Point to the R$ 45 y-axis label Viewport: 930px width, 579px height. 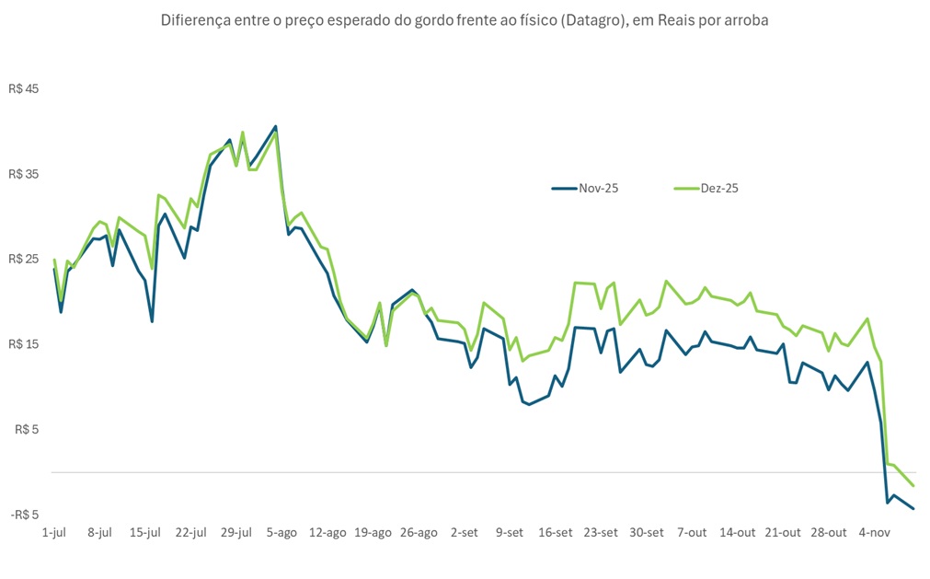(26, 89)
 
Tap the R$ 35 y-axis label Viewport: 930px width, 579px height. (26, 174)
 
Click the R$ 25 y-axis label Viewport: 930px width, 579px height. (26, 259)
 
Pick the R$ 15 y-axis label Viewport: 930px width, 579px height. (26, 344)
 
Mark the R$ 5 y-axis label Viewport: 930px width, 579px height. (29, 429)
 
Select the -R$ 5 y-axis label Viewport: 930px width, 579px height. (26, 515)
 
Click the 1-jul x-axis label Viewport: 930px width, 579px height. (54, 533)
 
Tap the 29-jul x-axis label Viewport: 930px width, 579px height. (236, 533)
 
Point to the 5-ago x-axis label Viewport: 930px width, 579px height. (282, 533)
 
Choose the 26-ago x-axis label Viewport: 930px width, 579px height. (419, 533)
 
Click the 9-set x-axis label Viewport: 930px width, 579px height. (510, 533)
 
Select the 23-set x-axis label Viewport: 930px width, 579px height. (601, 533)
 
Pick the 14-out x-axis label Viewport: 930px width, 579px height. (738, 533)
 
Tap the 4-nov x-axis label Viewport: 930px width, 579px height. (874, 533)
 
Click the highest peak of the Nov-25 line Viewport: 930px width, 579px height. (275, 126)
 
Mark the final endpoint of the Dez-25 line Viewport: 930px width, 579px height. (913, 486)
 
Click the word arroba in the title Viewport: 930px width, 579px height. (746, 19)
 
